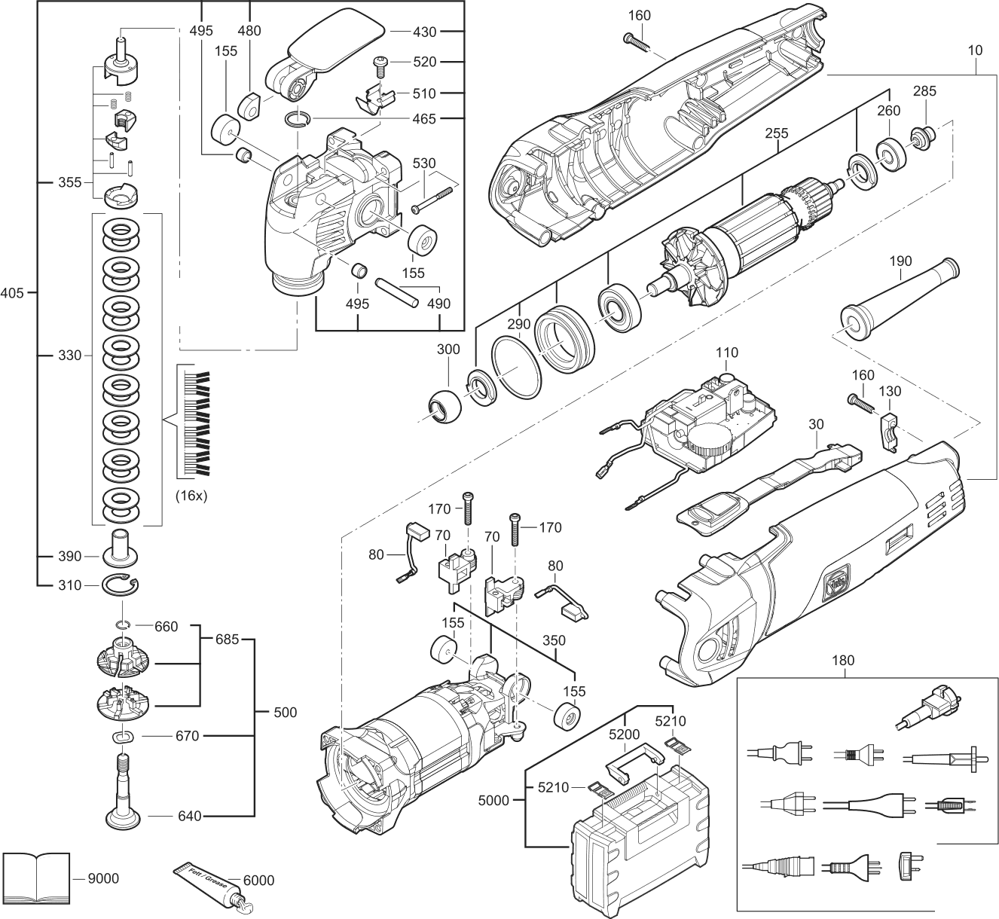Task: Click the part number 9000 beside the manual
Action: tap(103, 878)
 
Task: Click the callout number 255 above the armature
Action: tap(776, 133)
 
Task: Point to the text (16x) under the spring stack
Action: tap(191, 496)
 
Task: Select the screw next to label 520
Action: tap(380, 67)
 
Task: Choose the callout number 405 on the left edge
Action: tap(14, 292)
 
